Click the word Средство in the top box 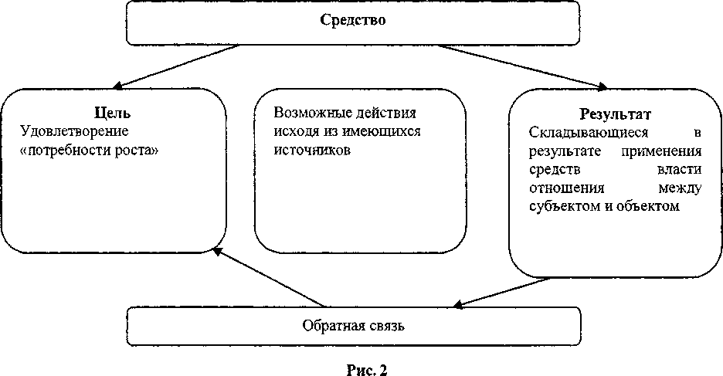click(x=353, y=21)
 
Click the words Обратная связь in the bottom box click(x=354, y=324)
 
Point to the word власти click(x=681, y=169)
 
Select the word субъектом click(x=562, y=206)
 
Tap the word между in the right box click(x=679, y=188)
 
